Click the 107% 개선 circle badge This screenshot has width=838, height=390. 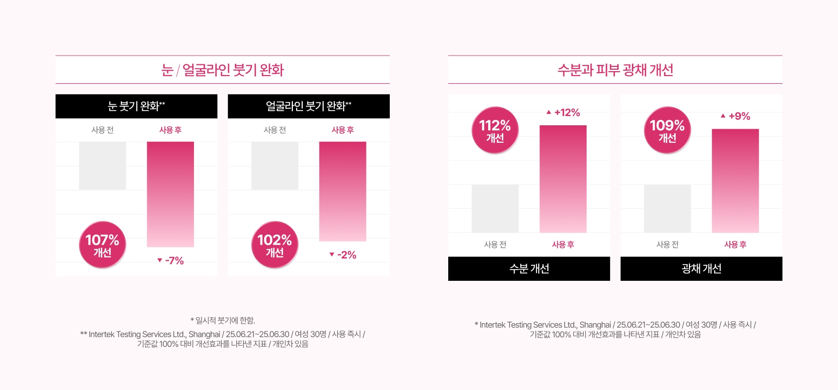point(102,245)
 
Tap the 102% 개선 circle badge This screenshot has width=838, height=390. point(275,245)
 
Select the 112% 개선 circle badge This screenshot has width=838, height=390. point(495,130)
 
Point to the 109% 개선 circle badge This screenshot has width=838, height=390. point(667,130)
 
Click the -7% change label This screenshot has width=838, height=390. point(171,260)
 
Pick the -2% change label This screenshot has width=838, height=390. point(343,254)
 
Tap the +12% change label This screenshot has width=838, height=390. point(563,113)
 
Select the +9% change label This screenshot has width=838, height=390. point(736,116)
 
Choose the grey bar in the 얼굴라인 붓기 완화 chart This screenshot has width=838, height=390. point(275,166)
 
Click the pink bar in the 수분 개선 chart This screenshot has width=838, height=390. point(563,178)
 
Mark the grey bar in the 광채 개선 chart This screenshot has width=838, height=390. point(667,208)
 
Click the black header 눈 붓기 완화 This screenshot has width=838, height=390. point(136,106)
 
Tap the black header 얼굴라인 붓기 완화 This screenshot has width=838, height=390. point(309,106)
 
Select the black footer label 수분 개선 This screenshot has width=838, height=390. point(529,269)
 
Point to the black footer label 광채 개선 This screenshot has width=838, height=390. point(702,269)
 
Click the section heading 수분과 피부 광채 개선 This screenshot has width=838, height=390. point(615,70)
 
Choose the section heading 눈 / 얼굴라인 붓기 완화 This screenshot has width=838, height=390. point(223,70)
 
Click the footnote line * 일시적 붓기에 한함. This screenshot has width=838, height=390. point(223,320)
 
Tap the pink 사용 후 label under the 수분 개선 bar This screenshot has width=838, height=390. point(563,244)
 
